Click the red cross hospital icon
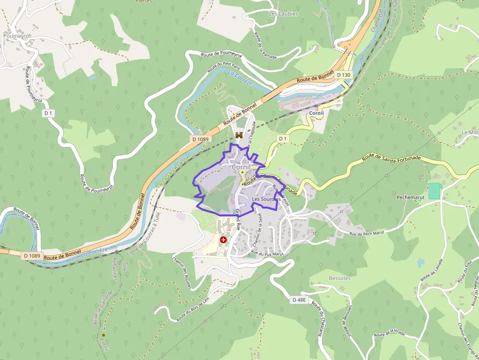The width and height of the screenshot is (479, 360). tap(223, 240)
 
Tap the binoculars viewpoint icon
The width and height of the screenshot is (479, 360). tap(239, 135)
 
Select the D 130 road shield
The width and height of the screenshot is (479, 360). tap(344, 75)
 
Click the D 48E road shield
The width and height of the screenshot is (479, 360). tap(301, 299)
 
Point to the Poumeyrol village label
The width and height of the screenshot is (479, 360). tap(17, 36)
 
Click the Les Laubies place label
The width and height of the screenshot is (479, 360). tap(283, 14)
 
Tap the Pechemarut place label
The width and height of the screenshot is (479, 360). tap(410, 197)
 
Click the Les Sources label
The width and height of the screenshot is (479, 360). tap(266, 199)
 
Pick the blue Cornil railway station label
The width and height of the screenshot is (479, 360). tap(316, 113)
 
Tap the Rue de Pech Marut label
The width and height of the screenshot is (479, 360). tap(367, 233)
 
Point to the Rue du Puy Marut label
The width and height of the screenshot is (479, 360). tap(267, 253)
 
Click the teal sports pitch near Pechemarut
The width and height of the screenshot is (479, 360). tap(434, 191)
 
